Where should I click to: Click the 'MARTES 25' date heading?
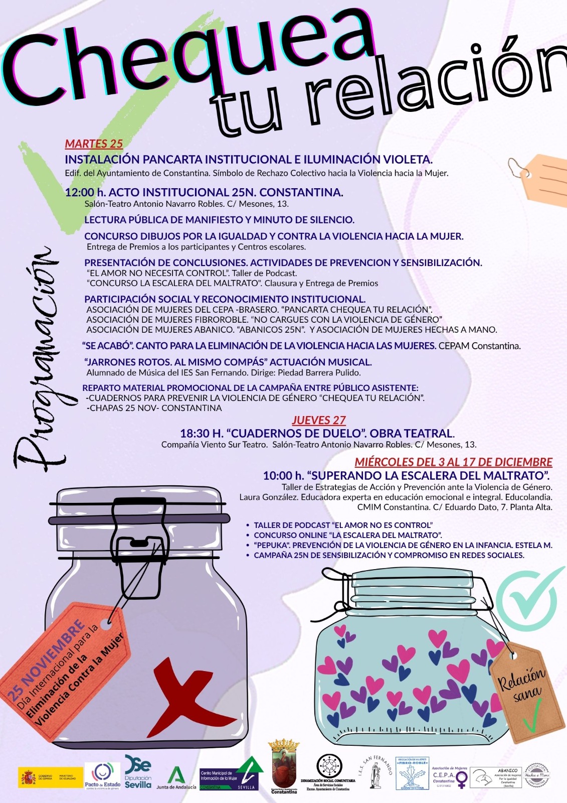pyautogui.click(x=94, y=144)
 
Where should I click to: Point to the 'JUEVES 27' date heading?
pyautogui.click(x=319, y=420)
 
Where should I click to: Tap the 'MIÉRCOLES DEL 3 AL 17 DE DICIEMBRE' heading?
pyautogui.click(x=453, y=462)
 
